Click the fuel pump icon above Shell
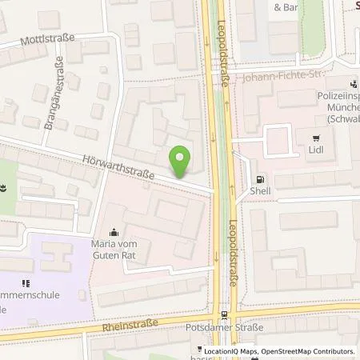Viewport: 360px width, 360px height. [x=258, y=180]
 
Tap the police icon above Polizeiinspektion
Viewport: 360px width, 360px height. [x=352, y=84]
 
